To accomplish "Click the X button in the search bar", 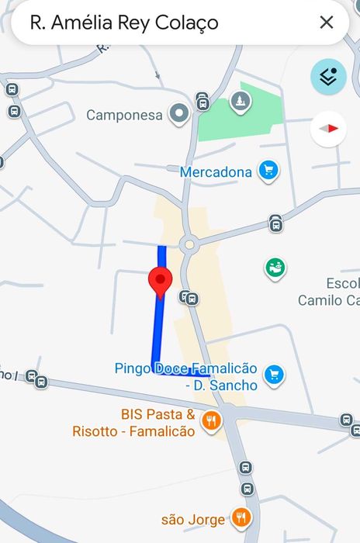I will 327,22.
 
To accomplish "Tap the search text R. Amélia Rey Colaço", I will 124,23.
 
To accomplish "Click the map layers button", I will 328,77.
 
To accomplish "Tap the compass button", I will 328,129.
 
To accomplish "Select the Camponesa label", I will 124,116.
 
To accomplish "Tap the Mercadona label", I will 216,171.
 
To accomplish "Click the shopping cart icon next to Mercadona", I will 268,171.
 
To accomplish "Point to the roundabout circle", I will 188,245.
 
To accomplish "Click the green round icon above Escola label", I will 275,268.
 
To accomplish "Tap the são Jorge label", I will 192,519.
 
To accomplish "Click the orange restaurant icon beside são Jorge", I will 242,518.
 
